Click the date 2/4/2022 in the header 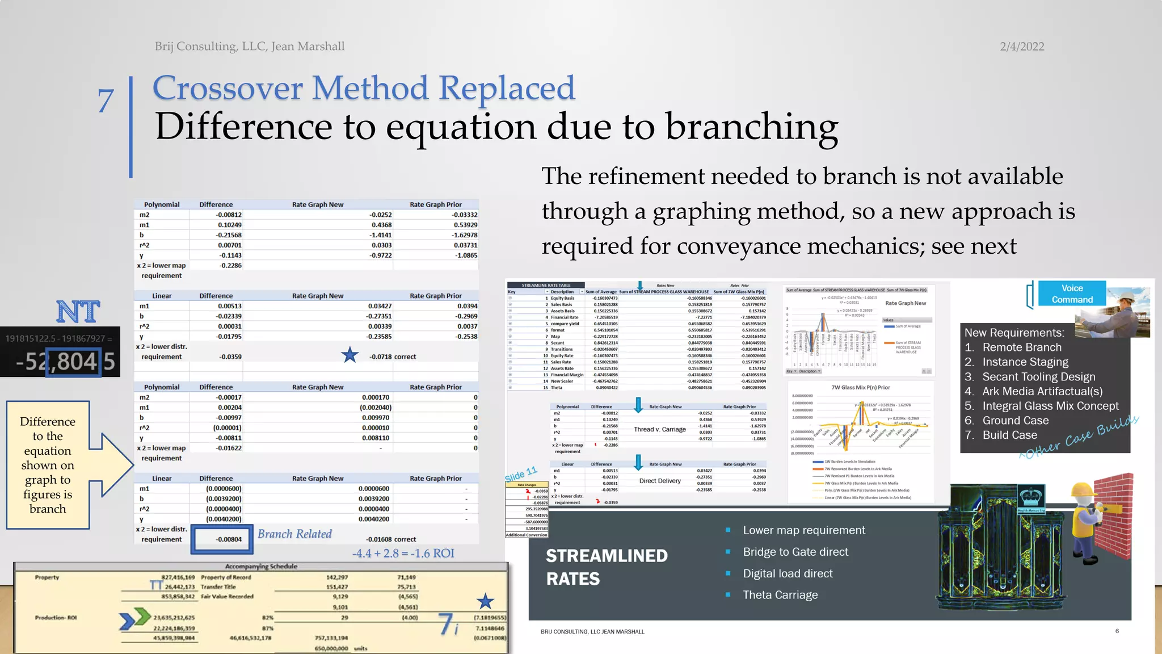pyautogui.click(x=1021, y=47)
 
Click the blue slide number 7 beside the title pyautogui.click(x=106, y=101)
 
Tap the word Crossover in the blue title pyautogui.click(x=228, y=89)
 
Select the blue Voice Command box pyautogui.click(x=1072, y=294)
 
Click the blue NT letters pyautogui.click(x=78, y=312)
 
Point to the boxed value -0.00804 pyautogui.click(x=229, y=539)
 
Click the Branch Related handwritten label pyautogui.click(x=294, y=534)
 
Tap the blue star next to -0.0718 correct pyautogui.click(x=350, y=355)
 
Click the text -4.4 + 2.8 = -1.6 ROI pyautogui.click(x=403, y=553)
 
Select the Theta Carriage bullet pyautogui.click(x=780, y=595)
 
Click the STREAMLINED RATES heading pyautogui.click(x=606, y=567)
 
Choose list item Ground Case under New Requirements pyautogui.click(x=1015, y=421)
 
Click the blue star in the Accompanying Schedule pyautogui.click(x=485, y=601)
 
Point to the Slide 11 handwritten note pyautogui.click(x=520, y=474)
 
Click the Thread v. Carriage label pyautogui.click(x=659, y=430)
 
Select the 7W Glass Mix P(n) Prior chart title pyautogui.click(x=860, y=388)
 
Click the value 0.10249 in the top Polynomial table pyautogui.click(x=230, y=225)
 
